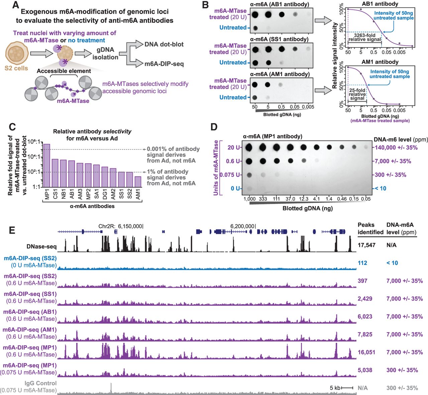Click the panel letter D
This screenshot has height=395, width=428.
(x=214, y=127)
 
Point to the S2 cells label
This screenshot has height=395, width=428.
(x=16, y=68)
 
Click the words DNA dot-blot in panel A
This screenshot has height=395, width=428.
(x=164, y=44)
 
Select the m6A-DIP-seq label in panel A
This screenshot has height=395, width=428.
(x=164, y=64)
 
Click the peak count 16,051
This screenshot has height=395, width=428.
(x=366, y=352)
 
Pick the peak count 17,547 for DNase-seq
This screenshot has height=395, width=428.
(x=366, y=245)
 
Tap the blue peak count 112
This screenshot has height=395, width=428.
(x=362, y=263)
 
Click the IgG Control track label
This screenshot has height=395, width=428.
(x=40, y=383)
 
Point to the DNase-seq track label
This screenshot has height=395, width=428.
(x=41, y=247)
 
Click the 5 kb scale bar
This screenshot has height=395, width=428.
(x=347, y=388)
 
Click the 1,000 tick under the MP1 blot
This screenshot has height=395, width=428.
(x=249, y=199)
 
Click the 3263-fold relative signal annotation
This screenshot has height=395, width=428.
(x=364, y=37)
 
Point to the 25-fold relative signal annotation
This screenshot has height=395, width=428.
(x=357, y=94)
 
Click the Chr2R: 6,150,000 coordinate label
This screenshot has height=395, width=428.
(x=121, y=226)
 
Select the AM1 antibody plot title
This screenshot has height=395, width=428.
(x=380, y=62)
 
